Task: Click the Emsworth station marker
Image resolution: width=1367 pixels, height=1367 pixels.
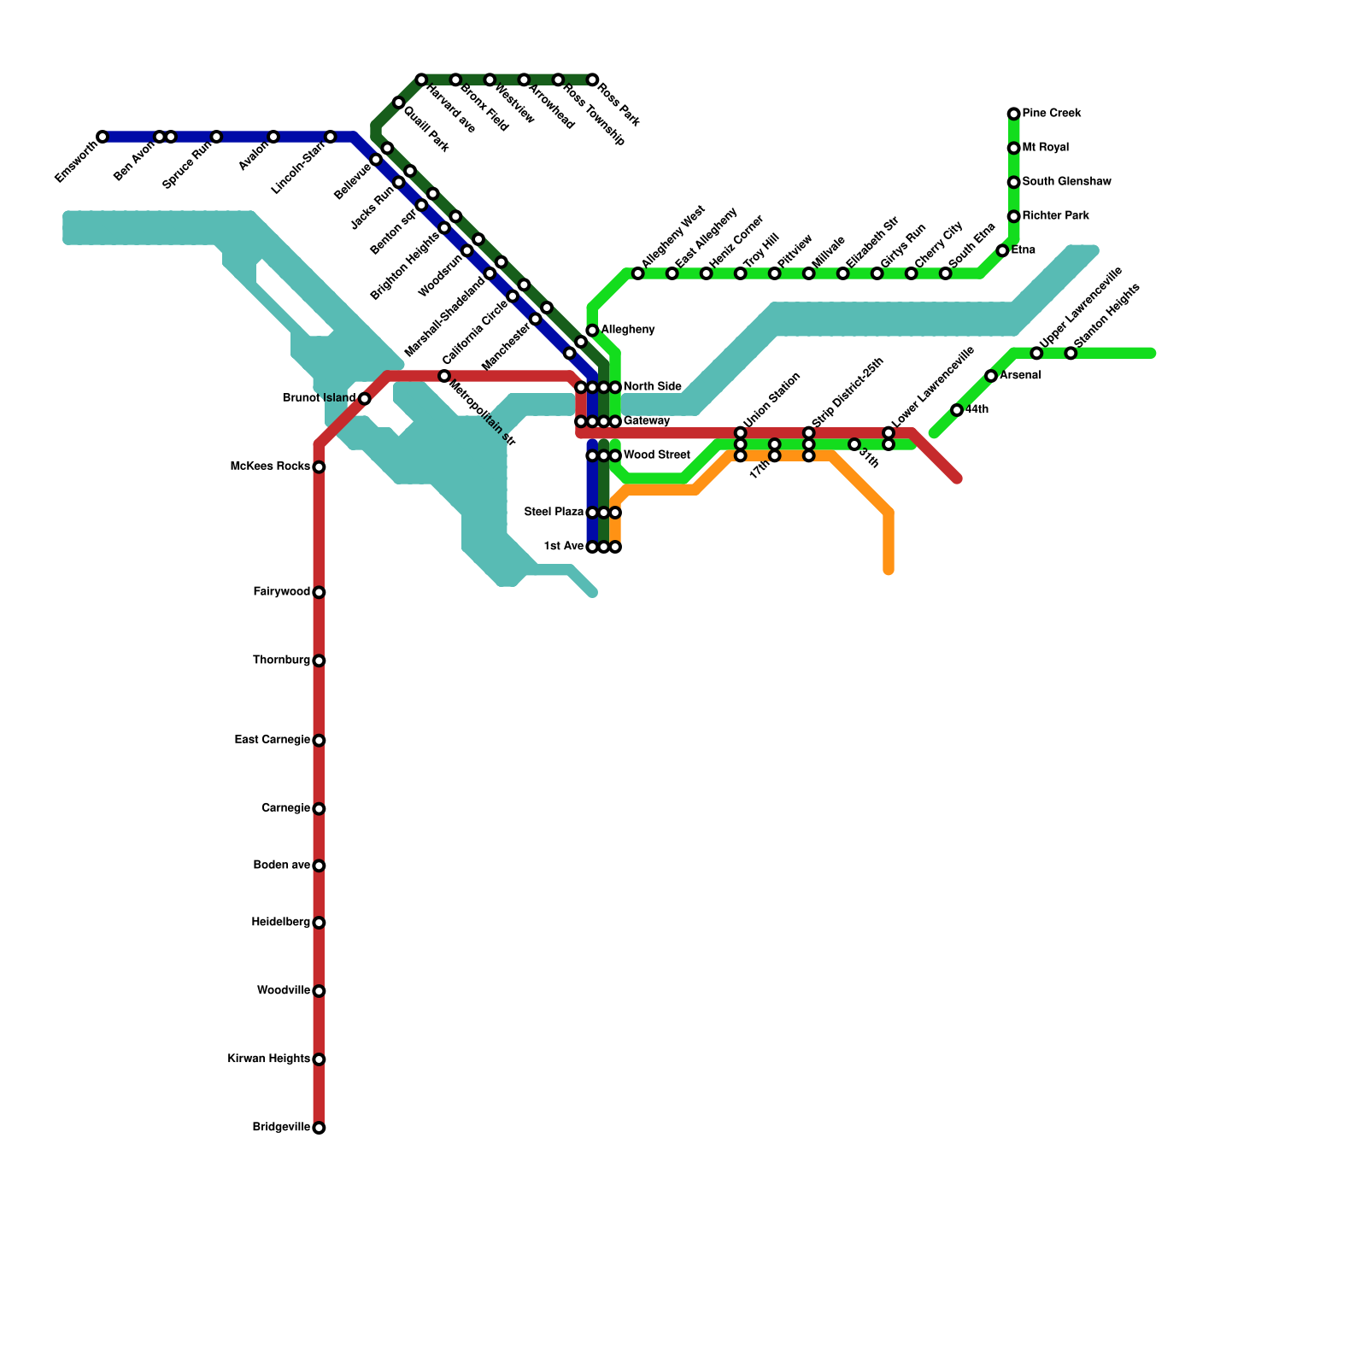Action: (x=103, y=137)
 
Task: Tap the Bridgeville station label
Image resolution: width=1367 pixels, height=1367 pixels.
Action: (x=281, y=1128)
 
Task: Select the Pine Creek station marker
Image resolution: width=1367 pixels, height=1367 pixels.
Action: (x=1013, y=114)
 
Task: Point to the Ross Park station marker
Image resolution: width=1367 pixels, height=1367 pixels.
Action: (x=592, y=79)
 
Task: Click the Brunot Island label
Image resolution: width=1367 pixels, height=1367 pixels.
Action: (x=319, y=398)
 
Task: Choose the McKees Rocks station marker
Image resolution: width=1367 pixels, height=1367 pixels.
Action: (x=319, y=467)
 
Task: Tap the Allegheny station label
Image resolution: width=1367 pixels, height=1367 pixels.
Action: (x=628, y=330)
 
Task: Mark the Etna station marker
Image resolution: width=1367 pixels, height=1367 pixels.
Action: (x=1002, y=250)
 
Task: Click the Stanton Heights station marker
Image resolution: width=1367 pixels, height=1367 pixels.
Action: (x=1071, y=353)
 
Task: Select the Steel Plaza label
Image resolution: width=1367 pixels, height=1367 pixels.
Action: (x=554, y=513)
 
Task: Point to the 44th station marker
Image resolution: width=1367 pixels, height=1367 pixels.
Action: (x=957, y=410)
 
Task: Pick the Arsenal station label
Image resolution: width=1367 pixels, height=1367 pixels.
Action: (x=1020, y=376)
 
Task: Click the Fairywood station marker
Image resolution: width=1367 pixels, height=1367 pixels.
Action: (x=319, y=592)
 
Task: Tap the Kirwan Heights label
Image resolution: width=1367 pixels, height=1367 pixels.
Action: (x=268, y=1059)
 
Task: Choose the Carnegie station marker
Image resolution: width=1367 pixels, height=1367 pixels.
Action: (x=319, y=808)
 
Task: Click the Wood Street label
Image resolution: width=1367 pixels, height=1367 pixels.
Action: (x=656, y=455)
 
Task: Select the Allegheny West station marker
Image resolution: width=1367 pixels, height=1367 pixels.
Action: (x=637, y=273)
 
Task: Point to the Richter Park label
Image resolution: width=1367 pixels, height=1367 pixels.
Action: (x=1056, y=216)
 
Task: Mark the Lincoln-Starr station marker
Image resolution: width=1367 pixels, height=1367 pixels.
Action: (x=331, y=137)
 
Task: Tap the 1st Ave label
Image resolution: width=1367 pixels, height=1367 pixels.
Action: (x=564, y=547)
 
